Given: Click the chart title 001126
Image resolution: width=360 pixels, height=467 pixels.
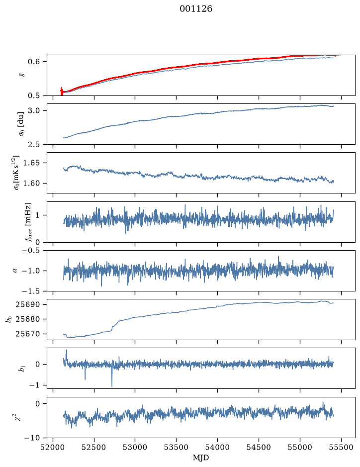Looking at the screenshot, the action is click(196, 9).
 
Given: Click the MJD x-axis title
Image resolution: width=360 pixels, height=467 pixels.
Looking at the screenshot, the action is click(201, 458).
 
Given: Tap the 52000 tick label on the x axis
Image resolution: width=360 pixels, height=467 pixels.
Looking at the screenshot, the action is click(53, 447).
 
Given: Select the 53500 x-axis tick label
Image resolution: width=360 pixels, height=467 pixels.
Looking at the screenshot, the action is click(177, 447).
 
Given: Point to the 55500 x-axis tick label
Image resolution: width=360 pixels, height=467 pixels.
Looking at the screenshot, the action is click(341, 447).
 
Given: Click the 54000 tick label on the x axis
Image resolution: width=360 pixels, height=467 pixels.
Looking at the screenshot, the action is click(217, 447).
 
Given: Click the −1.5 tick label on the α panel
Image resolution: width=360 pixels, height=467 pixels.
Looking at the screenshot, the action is click(33, 290).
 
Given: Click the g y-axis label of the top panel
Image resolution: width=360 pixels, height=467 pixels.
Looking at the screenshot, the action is click(22, 75).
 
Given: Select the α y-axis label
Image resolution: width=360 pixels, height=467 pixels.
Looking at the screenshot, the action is click(15, 271).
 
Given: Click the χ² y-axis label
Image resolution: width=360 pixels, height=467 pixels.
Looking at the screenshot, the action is click(20, 417).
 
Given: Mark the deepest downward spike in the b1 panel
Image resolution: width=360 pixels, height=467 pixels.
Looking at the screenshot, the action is click(112, 386).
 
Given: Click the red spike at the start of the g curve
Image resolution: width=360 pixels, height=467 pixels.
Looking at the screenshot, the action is click(62, 92).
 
